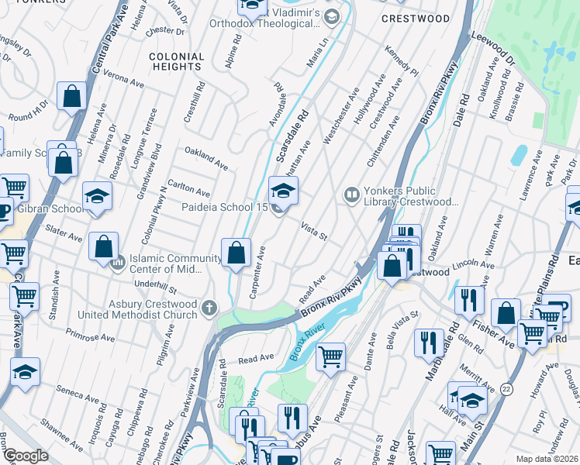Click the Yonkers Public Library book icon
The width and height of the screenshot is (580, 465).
click(x=351, y=194)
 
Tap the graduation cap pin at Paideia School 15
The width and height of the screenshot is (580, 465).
click(x=283, y=191)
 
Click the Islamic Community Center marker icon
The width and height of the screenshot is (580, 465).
click(x=118, y=263)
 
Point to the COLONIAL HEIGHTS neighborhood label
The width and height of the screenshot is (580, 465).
click(x=176, y=62)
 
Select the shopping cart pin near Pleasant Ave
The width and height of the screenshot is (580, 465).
click(x=331, y=357)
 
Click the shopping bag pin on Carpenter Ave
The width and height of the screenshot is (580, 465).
click(x=236, y=253)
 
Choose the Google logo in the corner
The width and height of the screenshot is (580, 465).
click(x=26, y=456)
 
